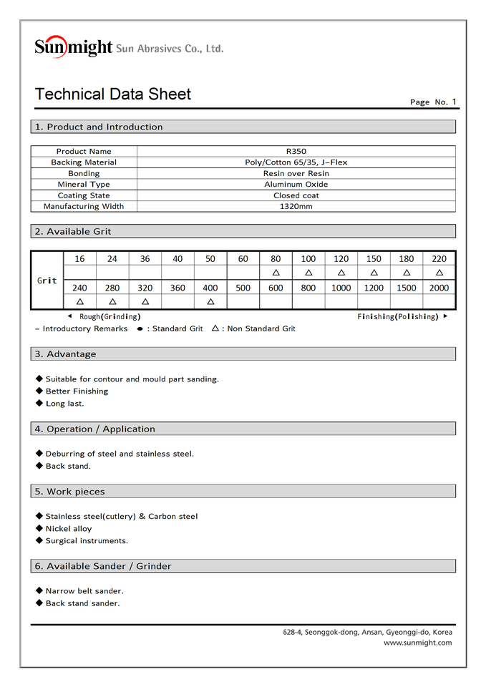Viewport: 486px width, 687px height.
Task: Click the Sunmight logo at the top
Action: (74, 47)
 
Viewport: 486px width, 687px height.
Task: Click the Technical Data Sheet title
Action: (113, 94)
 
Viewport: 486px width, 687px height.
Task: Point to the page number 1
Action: (454, 102)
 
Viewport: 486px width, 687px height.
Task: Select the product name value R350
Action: (296, 152)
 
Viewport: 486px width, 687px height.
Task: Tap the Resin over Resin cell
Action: (296, 174)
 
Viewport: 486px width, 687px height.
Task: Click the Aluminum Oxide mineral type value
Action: (296, 185)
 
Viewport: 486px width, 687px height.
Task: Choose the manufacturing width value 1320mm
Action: (296, 207)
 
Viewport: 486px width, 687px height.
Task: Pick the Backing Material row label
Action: (84, 162)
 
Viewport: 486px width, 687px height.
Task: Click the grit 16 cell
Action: (79, 259)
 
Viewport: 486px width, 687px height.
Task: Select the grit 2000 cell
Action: (439, 288)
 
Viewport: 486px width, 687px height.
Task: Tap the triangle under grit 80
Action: (276, 273)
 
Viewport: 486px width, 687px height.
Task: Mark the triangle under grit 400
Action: (210, 301)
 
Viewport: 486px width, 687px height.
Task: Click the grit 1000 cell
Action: (341, 288)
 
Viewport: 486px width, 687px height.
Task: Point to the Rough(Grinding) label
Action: (110, 316)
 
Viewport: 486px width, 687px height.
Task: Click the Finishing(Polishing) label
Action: (397, 316)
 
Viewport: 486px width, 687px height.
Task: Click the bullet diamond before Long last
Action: (39, 403)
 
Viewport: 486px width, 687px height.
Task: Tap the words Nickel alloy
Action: (69, 529)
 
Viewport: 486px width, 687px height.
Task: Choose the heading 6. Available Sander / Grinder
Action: (103, 566)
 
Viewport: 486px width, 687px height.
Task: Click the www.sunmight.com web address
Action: (417, 643)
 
